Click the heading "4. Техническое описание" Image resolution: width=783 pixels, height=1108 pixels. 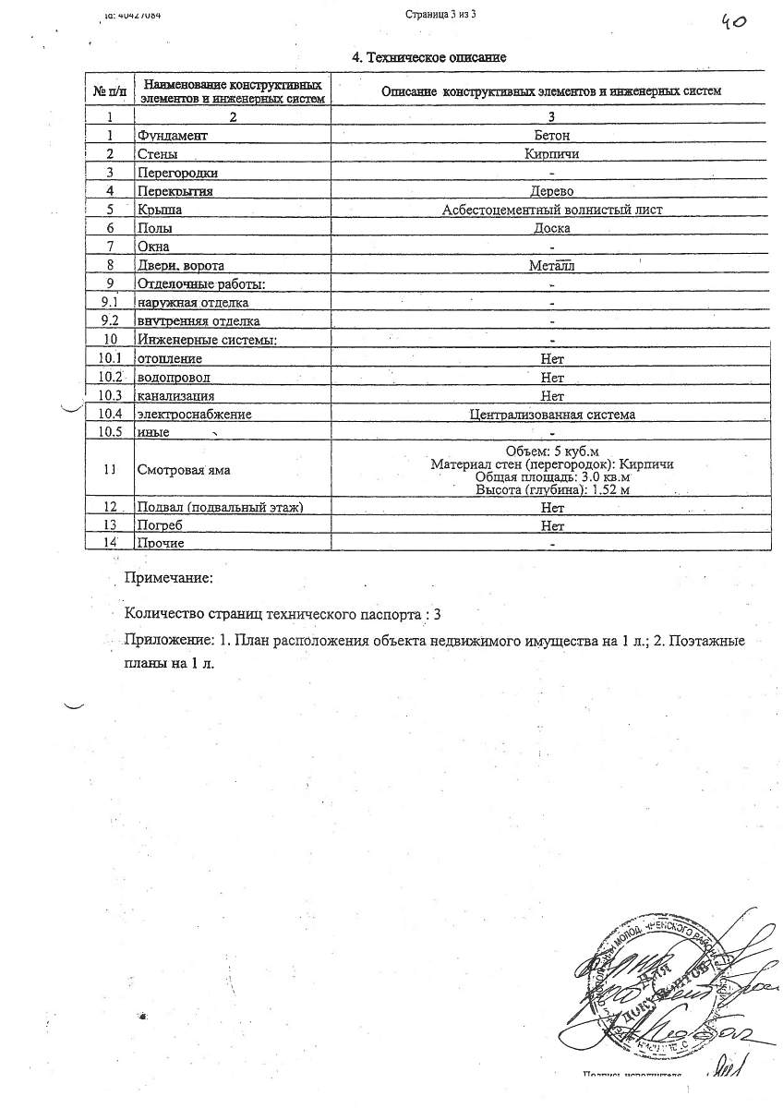[x=430, y=57]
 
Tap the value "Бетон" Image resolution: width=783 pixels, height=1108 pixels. [x=552, y=136]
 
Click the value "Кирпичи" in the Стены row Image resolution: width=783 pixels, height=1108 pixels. [x=552, y=154]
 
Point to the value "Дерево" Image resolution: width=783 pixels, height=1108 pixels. [x=552, y=191]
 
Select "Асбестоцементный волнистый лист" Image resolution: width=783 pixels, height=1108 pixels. [x=552, y=210]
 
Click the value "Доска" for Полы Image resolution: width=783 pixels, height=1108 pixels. [x=552, y=228]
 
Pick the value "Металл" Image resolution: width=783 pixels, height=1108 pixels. [x=552, y=266]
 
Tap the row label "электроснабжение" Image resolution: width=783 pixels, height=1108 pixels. [x=194, y=415]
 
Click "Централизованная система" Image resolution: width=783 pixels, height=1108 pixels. [x=552, y=415]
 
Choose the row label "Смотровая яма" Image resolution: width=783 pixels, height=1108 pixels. [x=183, y=470]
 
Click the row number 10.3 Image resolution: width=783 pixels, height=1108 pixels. [x=109, y=396]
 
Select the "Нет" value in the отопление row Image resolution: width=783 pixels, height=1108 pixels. [x=552, y=358]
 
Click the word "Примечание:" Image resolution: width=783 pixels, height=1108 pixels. [x=169, y=578]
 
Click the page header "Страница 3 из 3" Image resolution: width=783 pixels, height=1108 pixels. [x=440, y=15]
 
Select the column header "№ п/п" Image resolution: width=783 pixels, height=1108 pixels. [x=109, y=91]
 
